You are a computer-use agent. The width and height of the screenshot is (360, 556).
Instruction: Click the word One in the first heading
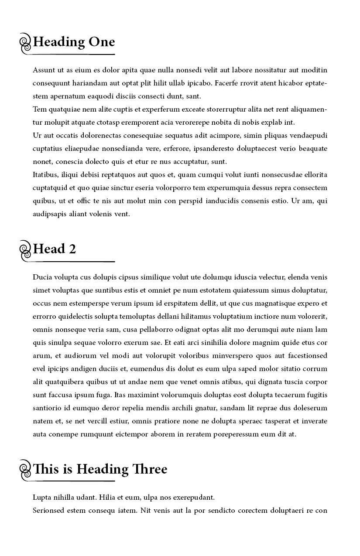click(102, 42)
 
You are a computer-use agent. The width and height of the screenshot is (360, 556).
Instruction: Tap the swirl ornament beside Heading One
click(26, 43)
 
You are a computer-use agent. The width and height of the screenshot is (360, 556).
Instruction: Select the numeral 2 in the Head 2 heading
click(72, 249)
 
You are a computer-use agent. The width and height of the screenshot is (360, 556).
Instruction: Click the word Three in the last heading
click(151, 469)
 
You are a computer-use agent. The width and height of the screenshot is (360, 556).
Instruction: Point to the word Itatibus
click(45, 175)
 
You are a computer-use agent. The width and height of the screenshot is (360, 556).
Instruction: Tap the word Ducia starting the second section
click(42, 277)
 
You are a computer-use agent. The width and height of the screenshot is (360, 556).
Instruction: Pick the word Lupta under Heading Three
click(42, 498)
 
